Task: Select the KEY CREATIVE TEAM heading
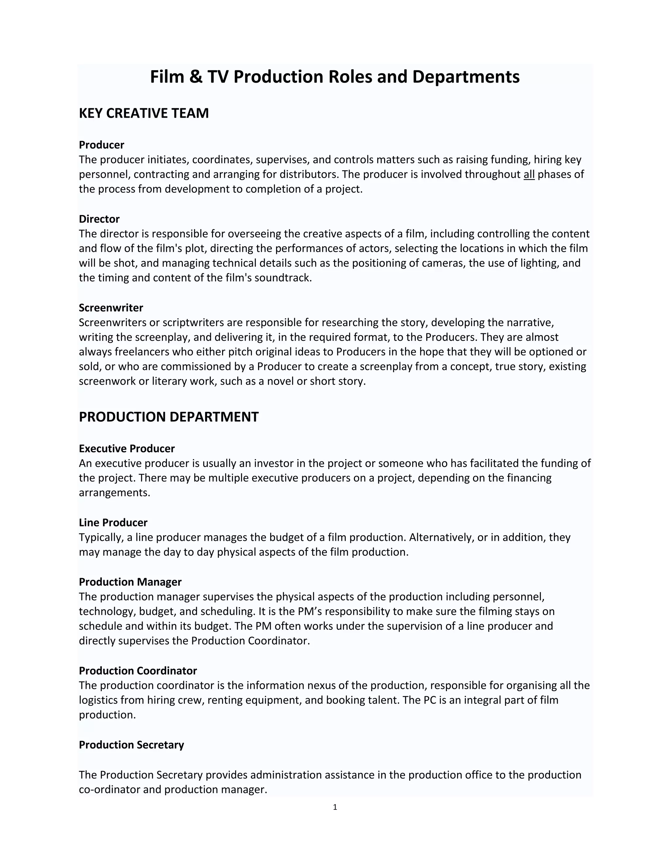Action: coord(144,113)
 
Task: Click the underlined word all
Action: coord(529,175)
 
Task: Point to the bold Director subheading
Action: coord(99,219)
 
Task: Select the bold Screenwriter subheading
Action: coord(111,308)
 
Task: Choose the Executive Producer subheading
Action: coord(127,448)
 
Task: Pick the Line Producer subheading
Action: coord(113,523)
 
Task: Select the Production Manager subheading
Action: coord(130,582)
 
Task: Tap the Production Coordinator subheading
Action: coord(138,671)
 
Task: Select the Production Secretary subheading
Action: coord(132,745)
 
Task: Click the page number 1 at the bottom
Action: coord(335,807)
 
